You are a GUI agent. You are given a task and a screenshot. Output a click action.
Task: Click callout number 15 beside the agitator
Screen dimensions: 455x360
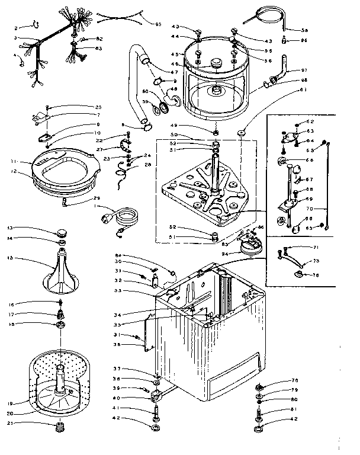coord(11,258)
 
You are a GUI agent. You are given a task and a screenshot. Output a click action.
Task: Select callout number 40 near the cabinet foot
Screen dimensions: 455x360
coord(117,397)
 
